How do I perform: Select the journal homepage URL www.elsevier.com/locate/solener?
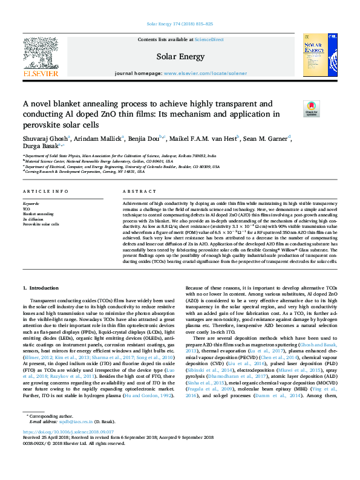(x=205, y=73)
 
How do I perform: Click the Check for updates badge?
(x=311, y=109)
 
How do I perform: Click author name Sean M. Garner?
(x=267, y=138)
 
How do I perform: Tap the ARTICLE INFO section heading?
(x=45, y=192)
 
